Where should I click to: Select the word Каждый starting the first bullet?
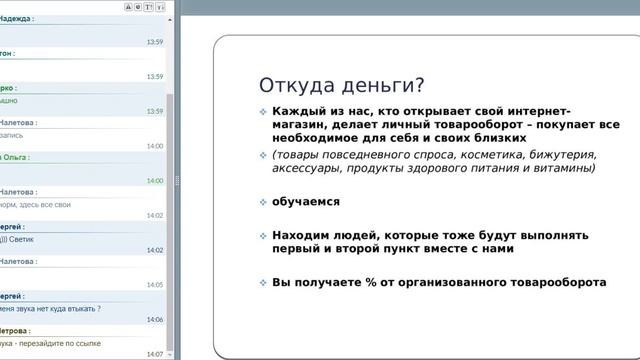point(299,111)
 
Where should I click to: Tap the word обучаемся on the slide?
point(306,201)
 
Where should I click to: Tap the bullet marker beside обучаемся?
point(263,201)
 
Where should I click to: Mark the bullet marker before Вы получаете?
point(263,282)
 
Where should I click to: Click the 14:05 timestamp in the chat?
point(154,285)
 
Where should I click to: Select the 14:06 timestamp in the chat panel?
point(154,320)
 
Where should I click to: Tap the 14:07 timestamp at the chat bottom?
point(154,354)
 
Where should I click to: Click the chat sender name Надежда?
point(15,19)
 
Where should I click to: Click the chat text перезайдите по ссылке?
point(50,343)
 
